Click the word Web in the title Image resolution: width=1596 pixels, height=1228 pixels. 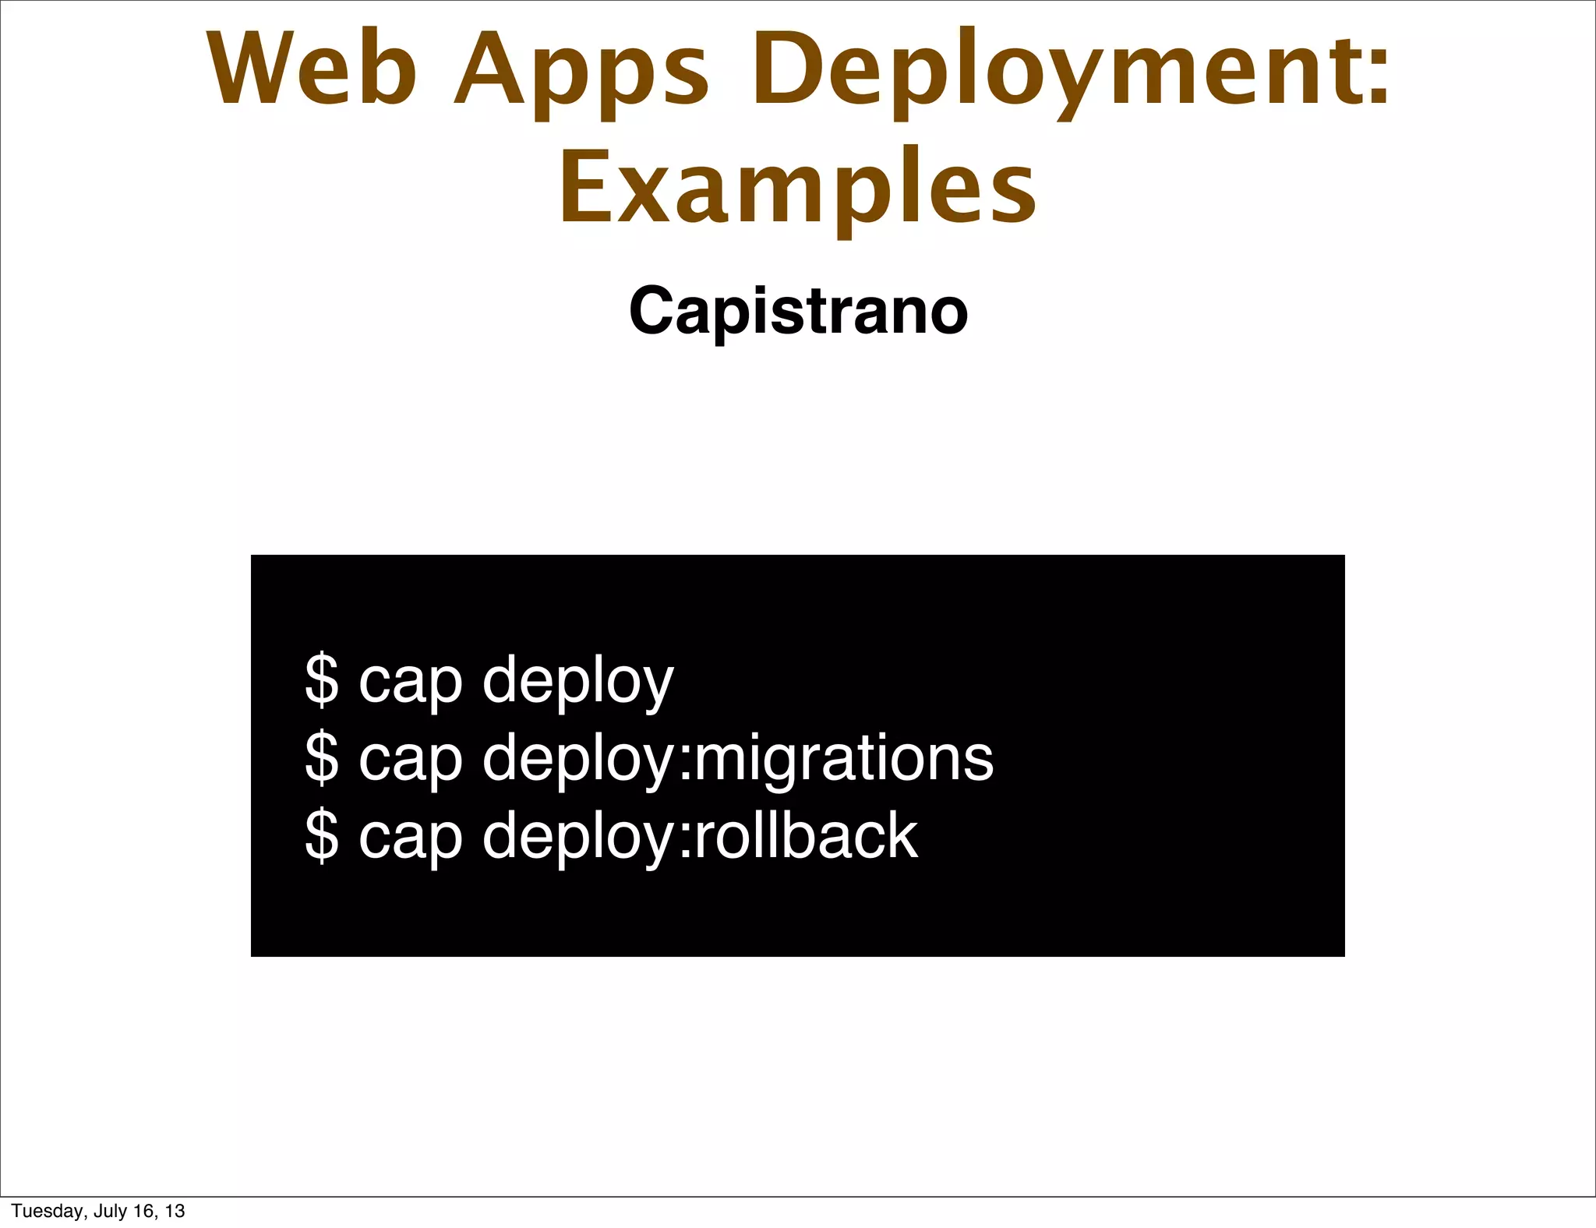click(312, 70)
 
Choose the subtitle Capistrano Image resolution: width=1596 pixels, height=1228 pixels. click(798, 312)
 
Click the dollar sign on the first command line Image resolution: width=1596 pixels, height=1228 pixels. click(322, 680)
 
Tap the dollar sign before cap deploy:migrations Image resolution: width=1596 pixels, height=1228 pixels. click(322, 757)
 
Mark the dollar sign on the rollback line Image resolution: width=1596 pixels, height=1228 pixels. click(322, 835)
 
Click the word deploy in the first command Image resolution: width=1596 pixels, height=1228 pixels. click(577, 683)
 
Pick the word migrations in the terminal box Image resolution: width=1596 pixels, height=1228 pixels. click(843, 759)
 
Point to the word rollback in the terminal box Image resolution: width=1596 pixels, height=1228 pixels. click(806, 835)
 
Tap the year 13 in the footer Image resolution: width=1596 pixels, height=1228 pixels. click(175, 1211)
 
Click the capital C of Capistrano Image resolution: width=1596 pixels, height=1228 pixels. click(651, 311)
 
